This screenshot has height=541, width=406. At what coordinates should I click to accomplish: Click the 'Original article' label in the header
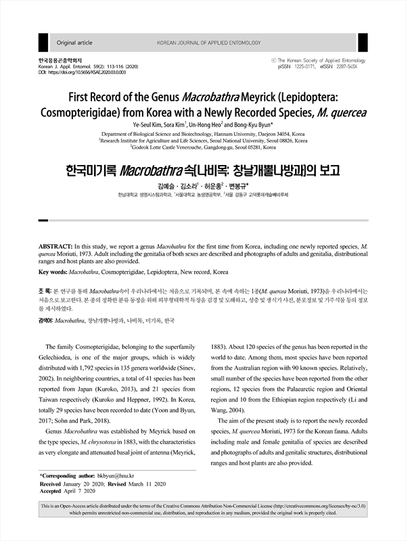pyautogui.click(x=74, y=43)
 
